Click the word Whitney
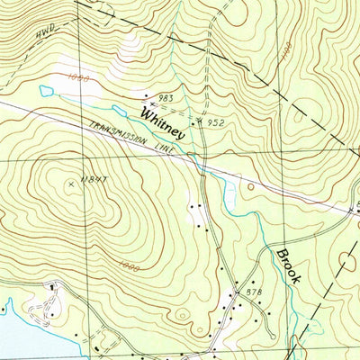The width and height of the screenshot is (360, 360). click(163, 122)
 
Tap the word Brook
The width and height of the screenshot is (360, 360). click(287, 266)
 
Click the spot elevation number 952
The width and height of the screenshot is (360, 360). click(214, 121)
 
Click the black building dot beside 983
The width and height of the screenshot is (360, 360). click(148, 94)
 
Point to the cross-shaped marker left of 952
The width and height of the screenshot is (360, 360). click(199, 117)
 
